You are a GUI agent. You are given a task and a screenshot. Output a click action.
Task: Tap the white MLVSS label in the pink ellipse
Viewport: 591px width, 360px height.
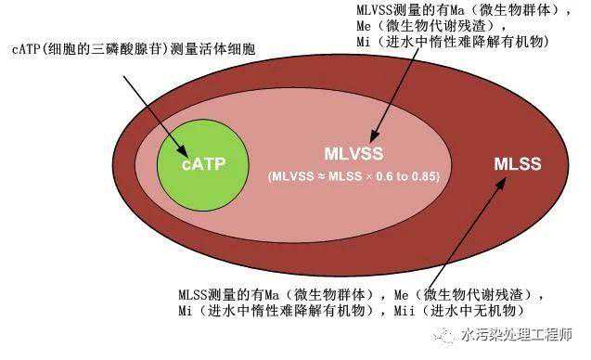coord(353,154)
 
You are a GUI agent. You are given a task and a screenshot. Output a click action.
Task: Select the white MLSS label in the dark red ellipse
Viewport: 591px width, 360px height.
coord(517,164)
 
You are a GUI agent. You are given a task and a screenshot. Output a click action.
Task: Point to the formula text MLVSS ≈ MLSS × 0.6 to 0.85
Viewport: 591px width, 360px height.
coord(353,175)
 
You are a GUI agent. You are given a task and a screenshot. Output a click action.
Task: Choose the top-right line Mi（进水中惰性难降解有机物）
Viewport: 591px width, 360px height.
coord(452,43)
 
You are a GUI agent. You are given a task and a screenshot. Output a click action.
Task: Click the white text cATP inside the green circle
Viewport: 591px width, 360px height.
coord(201,164)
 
